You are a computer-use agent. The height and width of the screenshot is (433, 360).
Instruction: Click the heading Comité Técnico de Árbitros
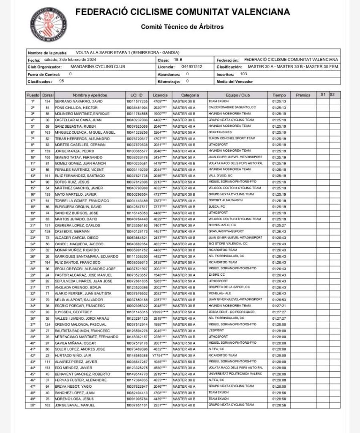coord(182,27)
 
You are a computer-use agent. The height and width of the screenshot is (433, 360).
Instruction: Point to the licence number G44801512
coord(192,66)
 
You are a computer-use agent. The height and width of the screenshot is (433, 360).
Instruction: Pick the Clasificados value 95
coord(62,80)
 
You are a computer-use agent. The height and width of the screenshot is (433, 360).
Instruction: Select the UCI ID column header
coord(137,95)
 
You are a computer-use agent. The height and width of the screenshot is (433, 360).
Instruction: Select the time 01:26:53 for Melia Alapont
coord(279,300)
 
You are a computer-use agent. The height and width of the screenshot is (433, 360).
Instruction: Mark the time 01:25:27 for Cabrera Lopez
coord(279,225)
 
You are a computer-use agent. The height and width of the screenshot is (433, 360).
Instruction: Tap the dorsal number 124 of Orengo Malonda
coord(47,324)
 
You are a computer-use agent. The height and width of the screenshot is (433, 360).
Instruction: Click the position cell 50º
coord(33,405)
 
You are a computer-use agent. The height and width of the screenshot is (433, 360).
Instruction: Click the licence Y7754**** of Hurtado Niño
coord(160,356)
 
